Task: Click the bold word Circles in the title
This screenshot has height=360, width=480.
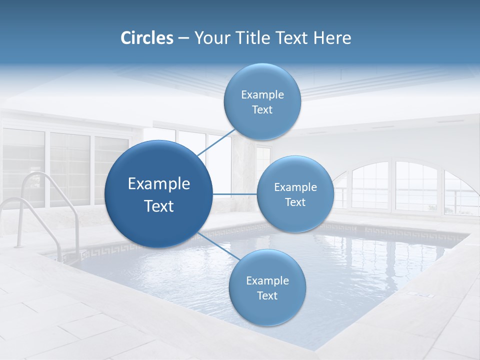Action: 147,38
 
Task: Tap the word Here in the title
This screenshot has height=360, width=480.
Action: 332,38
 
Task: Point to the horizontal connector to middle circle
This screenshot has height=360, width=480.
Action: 235,194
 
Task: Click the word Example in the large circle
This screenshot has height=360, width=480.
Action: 159,184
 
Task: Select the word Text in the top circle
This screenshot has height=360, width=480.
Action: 262,110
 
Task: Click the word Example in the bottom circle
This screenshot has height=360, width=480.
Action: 267,280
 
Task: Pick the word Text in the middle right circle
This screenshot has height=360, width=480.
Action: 295,202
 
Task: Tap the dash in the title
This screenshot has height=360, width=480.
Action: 183,38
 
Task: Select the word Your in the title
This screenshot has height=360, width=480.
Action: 211,38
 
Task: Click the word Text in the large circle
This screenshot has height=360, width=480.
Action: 159,206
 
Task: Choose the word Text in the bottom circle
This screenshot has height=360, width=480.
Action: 267,295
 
